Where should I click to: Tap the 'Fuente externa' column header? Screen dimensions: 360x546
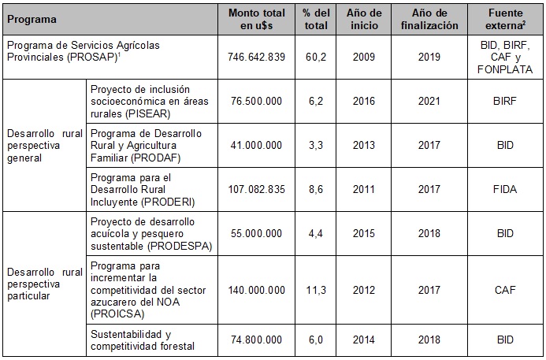point(505,19)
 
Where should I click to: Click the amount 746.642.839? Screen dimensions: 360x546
point(254,58)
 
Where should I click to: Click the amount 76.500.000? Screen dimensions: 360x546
point(254,102)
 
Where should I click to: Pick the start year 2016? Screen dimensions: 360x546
point(364,102)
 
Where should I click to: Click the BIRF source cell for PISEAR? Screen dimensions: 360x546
point(505,102)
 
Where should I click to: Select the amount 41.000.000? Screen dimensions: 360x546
point(254,146)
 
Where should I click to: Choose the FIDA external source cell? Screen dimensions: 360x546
point(505,190)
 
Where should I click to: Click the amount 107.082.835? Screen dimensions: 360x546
point(254,190)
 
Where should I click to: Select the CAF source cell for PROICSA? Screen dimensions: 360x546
point(505,290)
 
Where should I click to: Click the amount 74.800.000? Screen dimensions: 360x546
point(254,340)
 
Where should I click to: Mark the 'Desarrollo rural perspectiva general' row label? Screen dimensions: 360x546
point(44,146)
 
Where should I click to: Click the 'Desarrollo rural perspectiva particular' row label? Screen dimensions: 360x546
point(44,284)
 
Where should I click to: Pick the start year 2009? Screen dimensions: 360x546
point(364,58)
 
